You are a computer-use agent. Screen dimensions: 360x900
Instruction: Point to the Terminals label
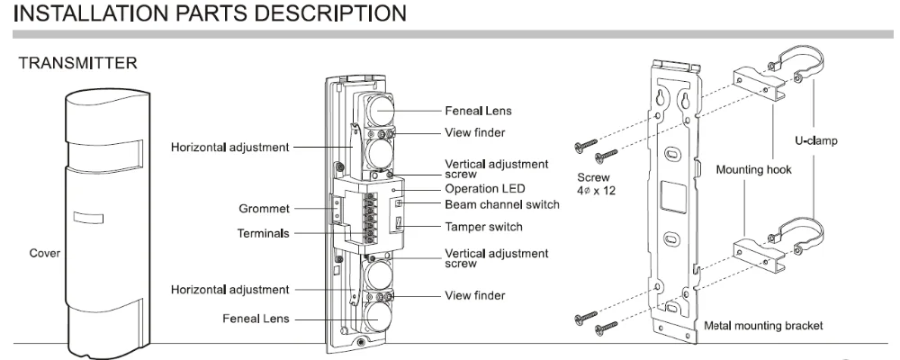point(264,232)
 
